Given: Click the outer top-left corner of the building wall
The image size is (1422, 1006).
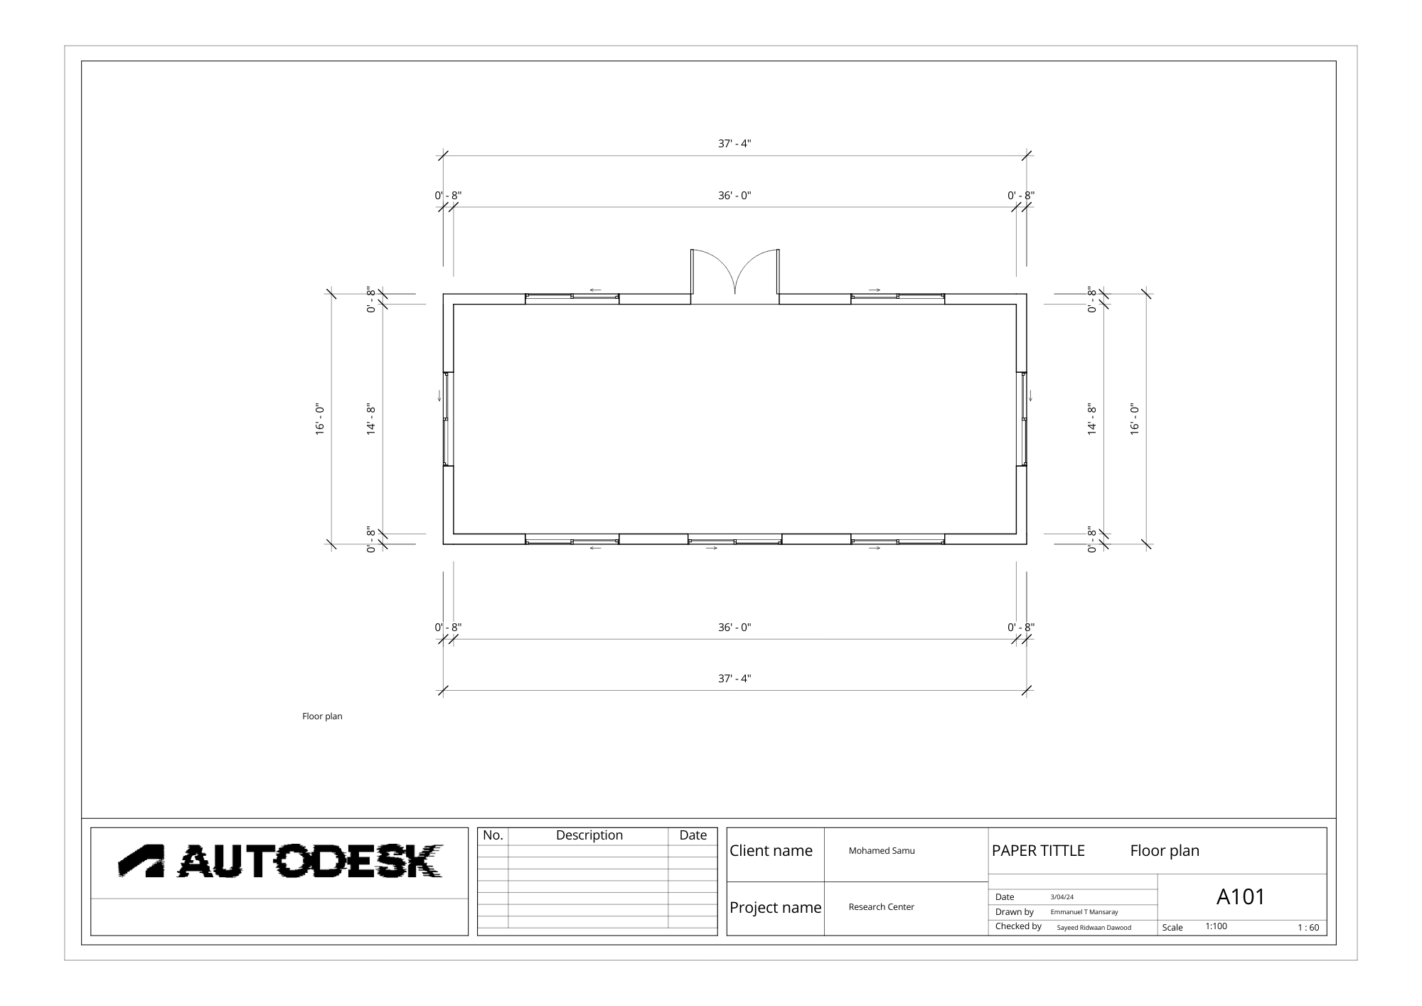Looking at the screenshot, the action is click(444, 294).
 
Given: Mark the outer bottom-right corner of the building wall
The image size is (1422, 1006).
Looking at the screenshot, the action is click(1027, 544).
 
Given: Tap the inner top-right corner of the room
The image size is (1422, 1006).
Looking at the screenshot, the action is click(1016, 305).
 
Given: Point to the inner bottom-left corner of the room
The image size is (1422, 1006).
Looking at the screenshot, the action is click(454, 534).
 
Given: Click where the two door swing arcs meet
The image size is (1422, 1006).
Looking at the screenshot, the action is click(735, 293).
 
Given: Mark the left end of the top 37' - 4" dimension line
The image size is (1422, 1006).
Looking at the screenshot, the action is click(444, 156).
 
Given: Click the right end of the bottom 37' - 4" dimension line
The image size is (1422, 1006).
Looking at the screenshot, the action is click(1027, 690).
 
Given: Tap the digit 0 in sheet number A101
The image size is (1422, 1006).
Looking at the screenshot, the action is click(1241, 897).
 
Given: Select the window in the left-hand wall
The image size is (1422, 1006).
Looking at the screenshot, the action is click(447, 419).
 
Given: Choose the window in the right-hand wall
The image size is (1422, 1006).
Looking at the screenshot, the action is click(1023, 419).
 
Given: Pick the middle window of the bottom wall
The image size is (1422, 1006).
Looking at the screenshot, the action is click(735, 540).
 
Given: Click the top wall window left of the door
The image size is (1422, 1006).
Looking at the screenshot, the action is click(572, 298).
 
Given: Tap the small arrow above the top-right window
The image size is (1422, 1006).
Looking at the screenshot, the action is click(875, 290).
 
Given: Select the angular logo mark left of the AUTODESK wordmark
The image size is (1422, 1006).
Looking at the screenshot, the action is click(141, 861).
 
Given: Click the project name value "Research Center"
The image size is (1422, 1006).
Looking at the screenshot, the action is click(881, 907).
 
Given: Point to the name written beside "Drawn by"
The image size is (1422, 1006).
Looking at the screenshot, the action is click(1084, 912).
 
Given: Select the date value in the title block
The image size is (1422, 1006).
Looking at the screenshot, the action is click(1062, 897).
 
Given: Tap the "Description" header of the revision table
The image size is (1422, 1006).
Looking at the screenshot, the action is click(589, 835).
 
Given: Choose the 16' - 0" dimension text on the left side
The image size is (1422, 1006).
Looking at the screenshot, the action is click(320, 419).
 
